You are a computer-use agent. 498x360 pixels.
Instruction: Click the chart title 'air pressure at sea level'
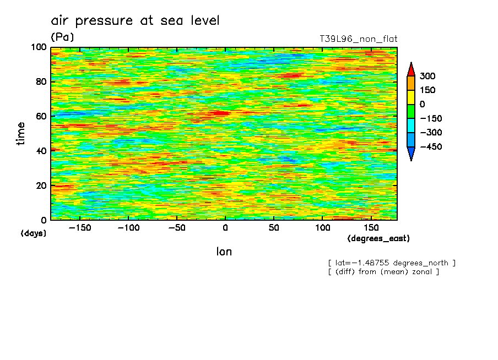[x=135, y=21]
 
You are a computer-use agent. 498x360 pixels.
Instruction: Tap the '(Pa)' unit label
[x=62, y=37]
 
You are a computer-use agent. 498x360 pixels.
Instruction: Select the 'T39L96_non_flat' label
[x=358, y=39]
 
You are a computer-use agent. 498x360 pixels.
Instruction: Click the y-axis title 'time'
[x=21, y=133]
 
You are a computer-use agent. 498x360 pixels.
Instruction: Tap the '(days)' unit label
[x=34, y=233]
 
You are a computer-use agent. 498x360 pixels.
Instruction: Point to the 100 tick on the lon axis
[x=322, y=228]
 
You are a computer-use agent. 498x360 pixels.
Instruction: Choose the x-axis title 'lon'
[x=224, y=252]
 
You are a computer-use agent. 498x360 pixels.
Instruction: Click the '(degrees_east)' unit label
[x=378, y=239]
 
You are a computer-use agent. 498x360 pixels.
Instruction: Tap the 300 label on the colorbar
[x=427, y=76]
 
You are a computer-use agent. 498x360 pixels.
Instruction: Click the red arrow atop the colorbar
[x=411, y=69]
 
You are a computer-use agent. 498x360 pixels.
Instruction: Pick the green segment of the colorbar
[x=411, y=111]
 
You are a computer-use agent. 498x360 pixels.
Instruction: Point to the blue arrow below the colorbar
[x=411, y=154]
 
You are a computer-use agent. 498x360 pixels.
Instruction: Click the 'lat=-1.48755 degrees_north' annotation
[x=392, y=263]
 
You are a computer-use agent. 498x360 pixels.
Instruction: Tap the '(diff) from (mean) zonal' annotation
[x=383, y=271]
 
